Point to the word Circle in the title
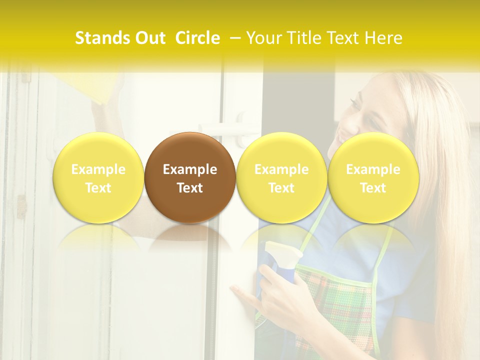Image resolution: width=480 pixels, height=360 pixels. click(197, 38)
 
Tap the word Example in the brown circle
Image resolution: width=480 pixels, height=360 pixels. click(190, 169)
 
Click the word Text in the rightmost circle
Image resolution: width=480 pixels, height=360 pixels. click(373, 188)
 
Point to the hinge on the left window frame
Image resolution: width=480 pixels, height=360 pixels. click(21, 206)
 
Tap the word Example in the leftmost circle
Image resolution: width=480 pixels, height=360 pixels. click(98, 169)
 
